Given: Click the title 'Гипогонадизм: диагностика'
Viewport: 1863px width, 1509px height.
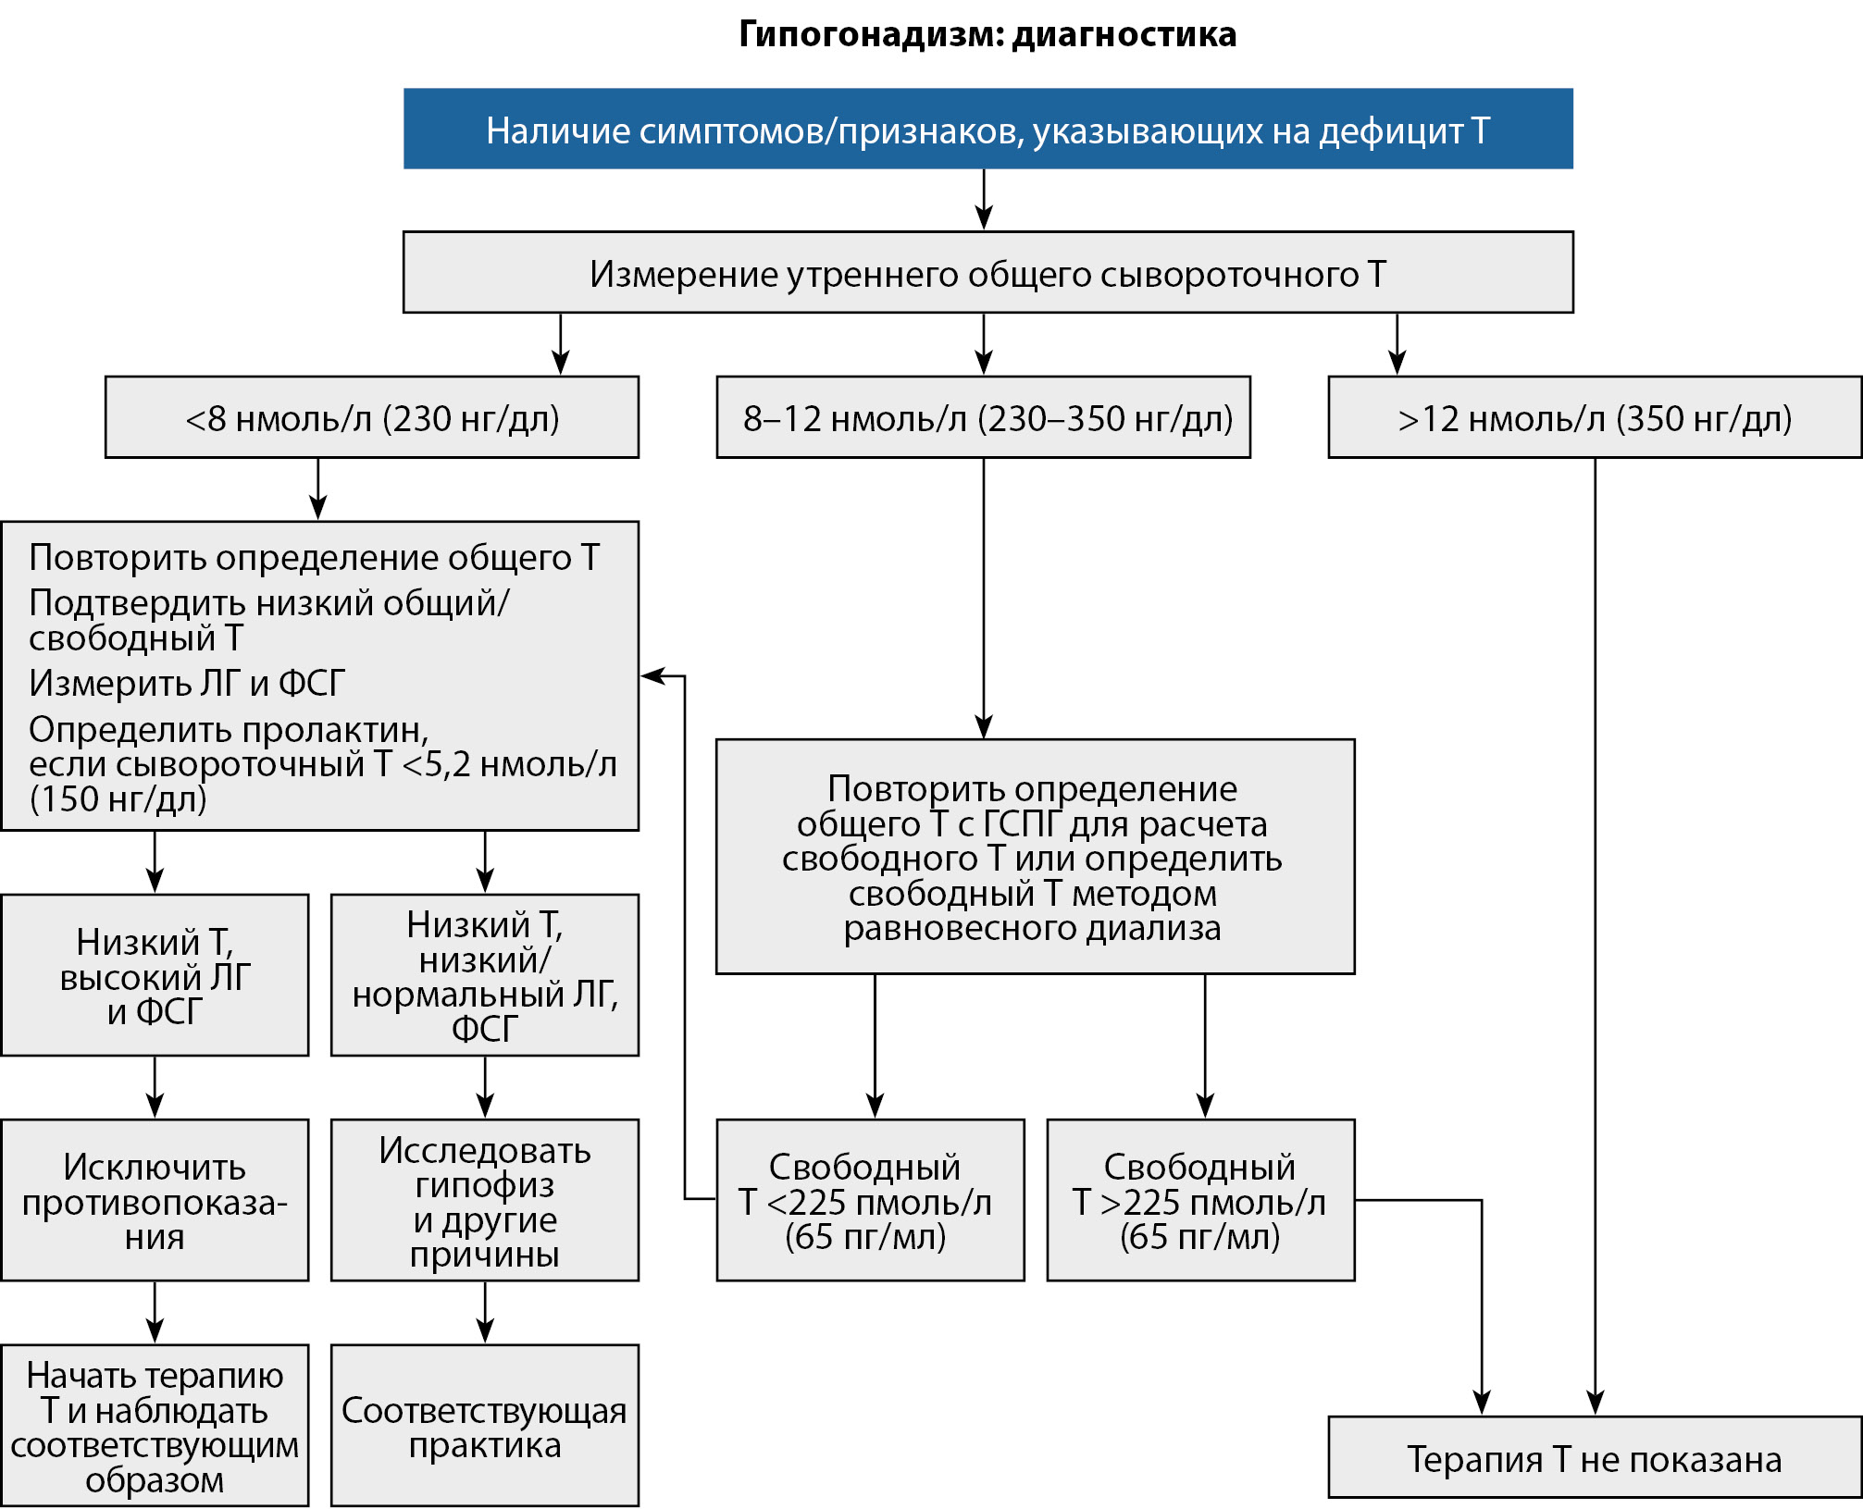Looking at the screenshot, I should [x=987, y=35].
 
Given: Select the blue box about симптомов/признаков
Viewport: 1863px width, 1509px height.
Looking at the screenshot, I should [x=987, y=130].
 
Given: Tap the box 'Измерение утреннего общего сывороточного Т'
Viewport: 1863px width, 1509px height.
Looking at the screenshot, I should [x=987, y=273].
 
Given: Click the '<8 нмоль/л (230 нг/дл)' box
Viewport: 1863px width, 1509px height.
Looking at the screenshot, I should [x=372, y=417].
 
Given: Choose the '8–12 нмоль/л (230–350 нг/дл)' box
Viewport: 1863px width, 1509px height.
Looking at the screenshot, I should [x=983, y=417].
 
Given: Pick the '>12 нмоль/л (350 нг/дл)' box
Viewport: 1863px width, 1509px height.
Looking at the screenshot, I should [x=1594, y=417].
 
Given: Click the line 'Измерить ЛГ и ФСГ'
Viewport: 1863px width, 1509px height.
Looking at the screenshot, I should [x=187, y=684].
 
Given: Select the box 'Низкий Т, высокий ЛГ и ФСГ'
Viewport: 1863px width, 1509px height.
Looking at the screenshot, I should [x=155, y=975].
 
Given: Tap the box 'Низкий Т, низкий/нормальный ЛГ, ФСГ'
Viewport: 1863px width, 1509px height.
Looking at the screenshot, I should [x=485, y=975].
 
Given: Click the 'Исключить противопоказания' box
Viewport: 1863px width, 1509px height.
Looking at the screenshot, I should [x=155, y=1200].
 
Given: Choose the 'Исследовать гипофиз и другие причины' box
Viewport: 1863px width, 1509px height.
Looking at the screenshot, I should [x=485, y=1200].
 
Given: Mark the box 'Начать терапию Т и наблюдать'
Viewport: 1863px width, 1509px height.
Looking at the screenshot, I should [x=155, y=1426].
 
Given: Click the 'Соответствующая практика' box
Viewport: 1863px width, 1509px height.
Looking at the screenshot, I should [x=485, y=1426].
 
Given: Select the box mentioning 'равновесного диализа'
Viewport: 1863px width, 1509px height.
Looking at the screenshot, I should [x=1035, y=857].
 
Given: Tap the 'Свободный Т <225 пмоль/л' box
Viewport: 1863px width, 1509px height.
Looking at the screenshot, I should [x=870, y=1200].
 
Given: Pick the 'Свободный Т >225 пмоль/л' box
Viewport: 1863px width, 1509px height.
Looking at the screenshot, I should [x=1200, y=1200].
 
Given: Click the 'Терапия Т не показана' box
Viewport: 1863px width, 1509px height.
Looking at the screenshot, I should [x=1594, y=1459].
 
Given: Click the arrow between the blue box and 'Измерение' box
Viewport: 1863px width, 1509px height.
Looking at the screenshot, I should [x=984, y=200].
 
